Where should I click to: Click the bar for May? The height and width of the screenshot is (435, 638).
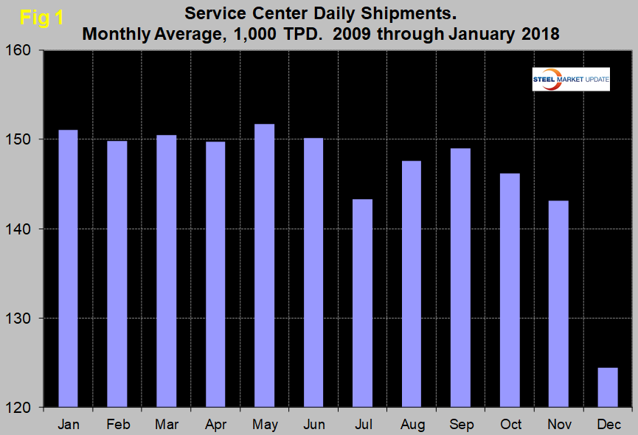click(x=264, y=265)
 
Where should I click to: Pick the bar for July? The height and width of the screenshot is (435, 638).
click(x=362, y=303)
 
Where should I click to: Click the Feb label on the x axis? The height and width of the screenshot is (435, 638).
click(x=117, y=425)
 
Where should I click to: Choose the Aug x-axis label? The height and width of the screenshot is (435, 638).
click(x=412, y=425)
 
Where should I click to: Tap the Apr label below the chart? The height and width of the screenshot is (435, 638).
click(x=215, y=425)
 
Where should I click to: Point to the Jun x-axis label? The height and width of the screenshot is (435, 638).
click(x=313, y=425)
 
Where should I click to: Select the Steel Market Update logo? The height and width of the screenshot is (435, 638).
click(x=571, y=79)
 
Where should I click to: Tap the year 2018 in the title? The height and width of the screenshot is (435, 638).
click(x=538, y=34)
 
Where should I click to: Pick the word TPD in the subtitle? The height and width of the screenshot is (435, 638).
click(x=299, y=34)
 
